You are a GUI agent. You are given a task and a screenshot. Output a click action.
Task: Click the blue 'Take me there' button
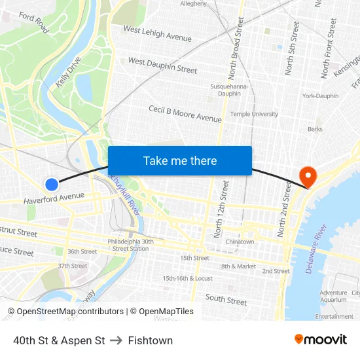point(180,160)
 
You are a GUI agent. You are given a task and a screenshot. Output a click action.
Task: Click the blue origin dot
point(52,185)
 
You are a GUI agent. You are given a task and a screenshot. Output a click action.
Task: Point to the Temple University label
point(254,114)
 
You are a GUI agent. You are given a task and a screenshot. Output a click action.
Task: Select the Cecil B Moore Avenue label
point(185,114)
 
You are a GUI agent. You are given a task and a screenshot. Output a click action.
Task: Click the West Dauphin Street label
point(162,65)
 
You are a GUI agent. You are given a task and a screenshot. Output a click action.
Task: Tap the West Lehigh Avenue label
point(157,34)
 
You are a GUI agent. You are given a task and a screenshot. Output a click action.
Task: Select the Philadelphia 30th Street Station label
point(130,245)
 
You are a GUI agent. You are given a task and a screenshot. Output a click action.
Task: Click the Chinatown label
point(240,242)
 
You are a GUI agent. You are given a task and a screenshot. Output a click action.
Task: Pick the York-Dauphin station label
point(320,96)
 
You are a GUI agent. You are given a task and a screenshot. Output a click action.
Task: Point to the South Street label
point(226,300)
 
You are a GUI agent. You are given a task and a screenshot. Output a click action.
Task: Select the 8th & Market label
point(238,266)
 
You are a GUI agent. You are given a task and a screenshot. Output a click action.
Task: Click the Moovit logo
point(320,340)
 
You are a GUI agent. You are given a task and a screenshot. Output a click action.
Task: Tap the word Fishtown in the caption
point(151,340)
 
